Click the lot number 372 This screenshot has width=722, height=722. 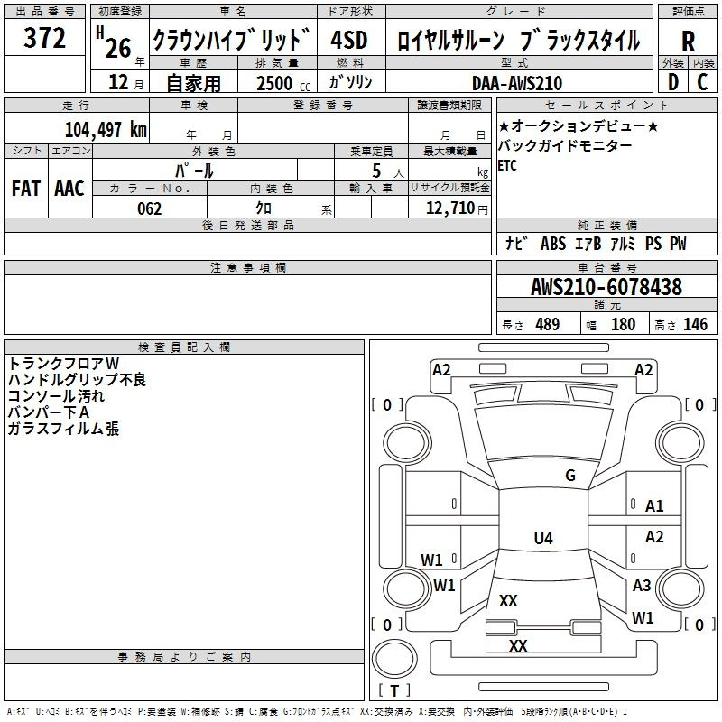pyautogui.click(x=44, y=39)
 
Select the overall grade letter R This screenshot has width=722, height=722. pyautogui.click(x=688, y=42)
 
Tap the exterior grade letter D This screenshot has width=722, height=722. pyautogui.click(x=672, y=82)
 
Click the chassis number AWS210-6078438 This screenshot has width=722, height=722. pyautogui.click(x=606, y=287)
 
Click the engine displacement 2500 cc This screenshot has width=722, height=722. pyautogui.click(x=281, y=83)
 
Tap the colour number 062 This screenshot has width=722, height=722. pyautogui.click(x=149, y=208)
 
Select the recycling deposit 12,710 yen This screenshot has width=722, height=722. pyautogui.click(x=455, y=208)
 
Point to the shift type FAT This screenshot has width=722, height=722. pyautogui.click(x=25, y=188)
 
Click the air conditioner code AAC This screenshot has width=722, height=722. pyautogui.click(x=69, y=188)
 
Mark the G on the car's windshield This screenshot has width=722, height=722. pyautogui.click(x=569, y=476)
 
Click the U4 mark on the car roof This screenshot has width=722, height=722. pyautogui.click(x=542, y=539)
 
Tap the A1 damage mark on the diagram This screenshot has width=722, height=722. pyautogui.click(x=654, y=506)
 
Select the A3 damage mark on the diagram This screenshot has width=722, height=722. pyautogui.click(x=642, y=586)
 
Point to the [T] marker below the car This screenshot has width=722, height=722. pyautogui.click(x=393, y=691)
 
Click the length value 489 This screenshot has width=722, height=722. pyautogui.click(x=547, y=325)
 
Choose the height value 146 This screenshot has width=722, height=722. pyautogui.click(x=695, y=325)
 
